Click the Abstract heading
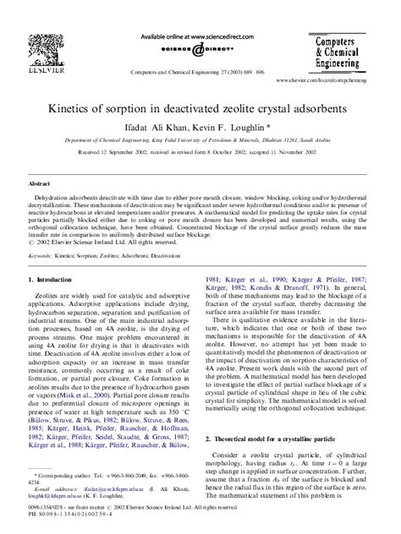41,183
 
